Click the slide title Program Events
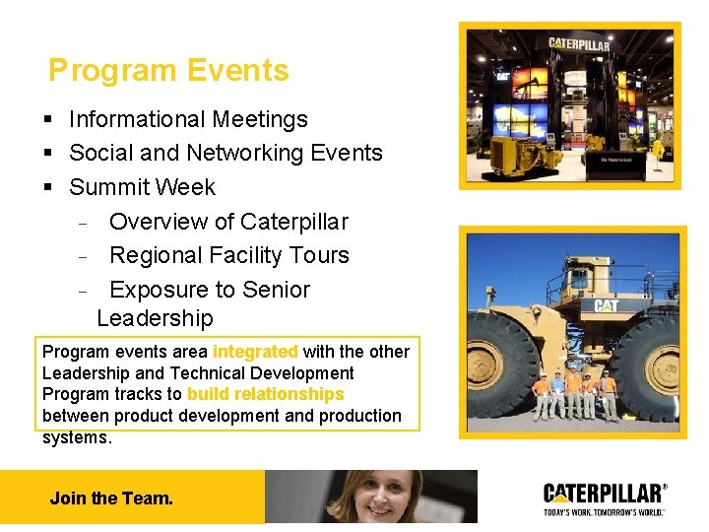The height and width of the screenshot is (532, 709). tap(168, 71)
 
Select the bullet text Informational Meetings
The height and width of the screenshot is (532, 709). tap(188, 119)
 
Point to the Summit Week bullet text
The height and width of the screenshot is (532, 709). tap(142, 186)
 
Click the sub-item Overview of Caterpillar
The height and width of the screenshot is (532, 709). tap(228, 222)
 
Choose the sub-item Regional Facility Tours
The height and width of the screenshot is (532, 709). tap(229, 255)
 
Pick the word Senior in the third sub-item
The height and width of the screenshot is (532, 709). tap(277, 290)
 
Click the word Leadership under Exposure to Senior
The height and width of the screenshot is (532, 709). tap(155, 318)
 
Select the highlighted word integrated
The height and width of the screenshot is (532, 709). tap(255, 352)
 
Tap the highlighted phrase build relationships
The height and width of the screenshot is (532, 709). tap(265, 394)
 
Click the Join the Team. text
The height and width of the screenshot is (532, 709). tap(111, 499)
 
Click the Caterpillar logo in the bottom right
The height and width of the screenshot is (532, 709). tap(605, 493)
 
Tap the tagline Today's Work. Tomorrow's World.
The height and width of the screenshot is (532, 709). tap(605, 511)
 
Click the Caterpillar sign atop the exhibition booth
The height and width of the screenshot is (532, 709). tap(579, 44)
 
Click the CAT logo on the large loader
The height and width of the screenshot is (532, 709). tap(605, 306)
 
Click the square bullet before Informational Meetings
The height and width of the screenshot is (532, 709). tap(48, 120)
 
